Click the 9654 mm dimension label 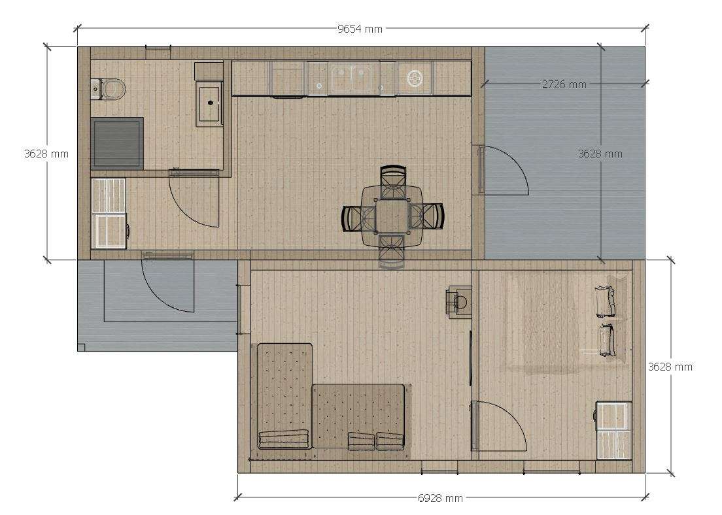[360, 29]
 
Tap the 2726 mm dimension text [564, 84]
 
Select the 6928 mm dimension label [440, 497]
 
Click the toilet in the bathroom [109, 89]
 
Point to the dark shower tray [117, 143]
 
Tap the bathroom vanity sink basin [210, 103]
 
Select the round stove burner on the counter [415, 78]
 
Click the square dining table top [391, 216]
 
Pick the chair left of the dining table [358, 218]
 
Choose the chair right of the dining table [426, 216]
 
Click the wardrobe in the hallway [109, 213]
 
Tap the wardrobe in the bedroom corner [613, 430]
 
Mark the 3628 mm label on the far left [46, 154]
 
